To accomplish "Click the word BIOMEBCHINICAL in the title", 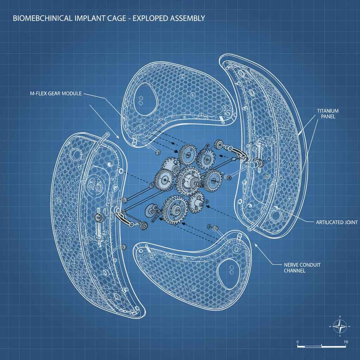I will [x=42, y=18].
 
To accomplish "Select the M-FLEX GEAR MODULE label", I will [x=56, y=94].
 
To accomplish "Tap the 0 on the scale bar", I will [x=297, y=342].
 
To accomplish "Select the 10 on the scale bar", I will [x=346, y=342].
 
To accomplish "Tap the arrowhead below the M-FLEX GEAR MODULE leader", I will [x=117, y=137].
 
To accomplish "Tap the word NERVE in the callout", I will [x=292, y=264].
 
